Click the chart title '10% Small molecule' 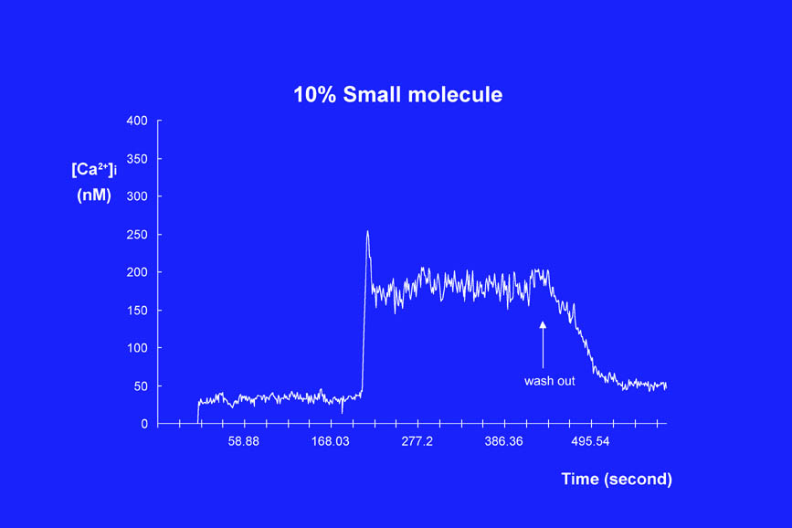(397, 94)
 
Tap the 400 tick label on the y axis (137, 121)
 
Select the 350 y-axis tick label (137, 159)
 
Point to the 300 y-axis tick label (137, 196)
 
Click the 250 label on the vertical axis (137, 235)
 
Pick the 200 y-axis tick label (137, 272)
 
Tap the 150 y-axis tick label (137, 311)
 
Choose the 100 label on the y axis (137, 348)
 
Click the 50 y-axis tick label (141, 386)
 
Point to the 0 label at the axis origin (144, 424)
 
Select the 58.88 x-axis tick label (244, 442)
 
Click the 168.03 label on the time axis (331, 442)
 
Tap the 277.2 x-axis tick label (417, 442)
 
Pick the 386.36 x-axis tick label (504, 442)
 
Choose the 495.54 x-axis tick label (590, 442)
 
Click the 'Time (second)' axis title (617, 479)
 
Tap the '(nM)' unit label (92, 195)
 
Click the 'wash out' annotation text (550, 381)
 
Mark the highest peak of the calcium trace (367, 231)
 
